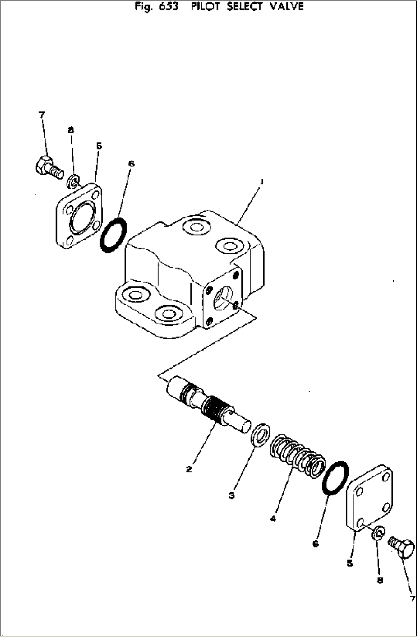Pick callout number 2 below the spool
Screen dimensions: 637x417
pos(189,469)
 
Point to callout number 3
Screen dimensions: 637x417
pos(231,495)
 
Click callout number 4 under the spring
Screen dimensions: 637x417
pos(272,519)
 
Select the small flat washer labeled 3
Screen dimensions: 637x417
pos(261,434)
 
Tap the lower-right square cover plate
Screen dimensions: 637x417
pos(370,498)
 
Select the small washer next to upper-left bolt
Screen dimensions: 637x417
pos(73,181)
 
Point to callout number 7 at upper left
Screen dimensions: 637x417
pos(42,114)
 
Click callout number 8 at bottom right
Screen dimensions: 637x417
pos(380,580)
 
